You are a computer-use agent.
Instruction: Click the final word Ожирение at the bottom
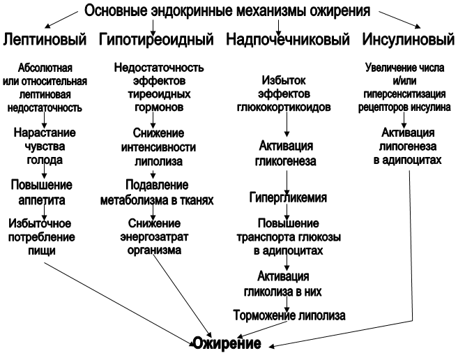227,344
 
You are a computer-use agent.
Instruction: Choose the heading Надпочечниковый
288,40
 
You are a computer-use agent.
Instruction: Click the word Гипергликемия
288,197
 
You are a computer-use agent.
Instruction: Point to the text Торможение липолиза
288,315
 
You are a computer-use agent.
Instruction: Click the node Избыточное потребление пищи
43,237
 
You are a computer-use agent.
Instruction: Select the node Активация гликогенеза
288,155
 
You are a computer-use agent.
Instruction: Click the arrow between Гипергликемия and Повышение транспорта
288,211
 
